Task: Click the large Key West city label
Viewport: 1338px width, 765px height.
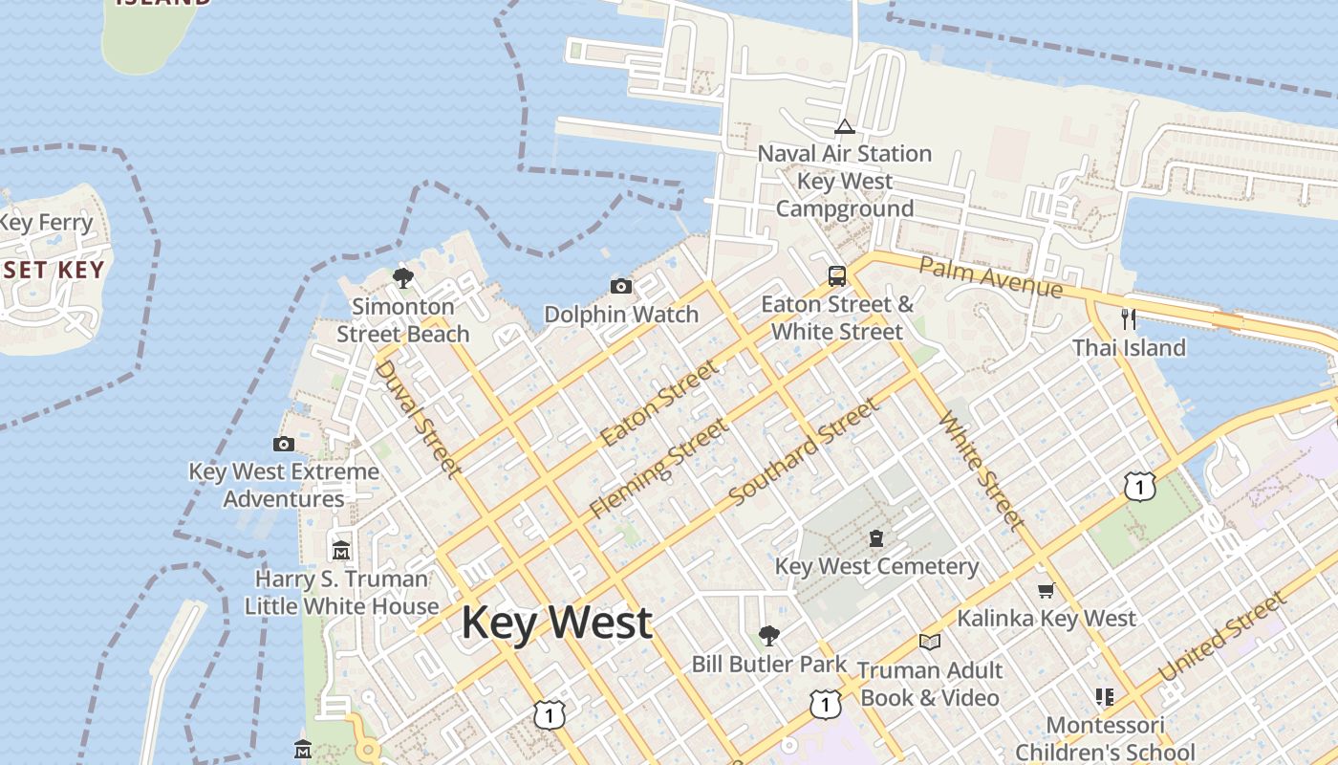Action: (x=556, y=623)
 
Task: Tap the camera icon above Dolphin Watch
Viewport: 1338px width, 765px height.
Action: (x=621, y=286)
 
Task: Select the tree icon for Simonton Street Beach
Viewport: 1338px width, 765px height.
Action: (x=403, y=278)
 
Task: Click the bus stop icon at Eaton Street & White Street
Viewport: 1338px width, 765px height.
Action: (x=837, y=276)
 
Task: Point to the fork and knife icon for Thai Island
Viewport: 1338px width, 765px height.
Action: (x=1129, y=318)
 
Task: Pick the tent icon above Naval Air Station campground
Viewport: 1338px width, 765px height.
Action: (x=844, y=126)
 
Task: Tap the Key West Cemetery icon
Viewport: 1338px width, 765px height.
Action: (x=876, y=538)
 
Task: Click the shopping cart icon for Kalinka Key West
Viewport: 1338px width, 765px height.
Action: (x=1046, y=590)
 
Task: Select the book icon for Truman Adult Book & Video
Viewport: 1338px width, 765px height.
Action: (x=930, y=642)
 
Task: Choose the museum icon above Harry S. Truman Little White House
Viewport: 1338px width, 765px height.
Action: (x=341, y=551)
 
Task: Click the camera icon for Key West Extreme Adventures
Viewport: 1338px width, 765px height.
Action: (x=284, y=444)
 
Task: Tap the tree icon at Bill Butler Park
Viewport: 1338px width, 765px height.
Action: (x=768, y=635)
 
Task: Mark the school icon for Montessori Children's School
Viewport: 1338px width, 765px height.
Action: (x=1105, y=697)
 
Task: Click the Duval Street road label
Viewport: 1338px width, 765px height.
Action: (x=418, y=417)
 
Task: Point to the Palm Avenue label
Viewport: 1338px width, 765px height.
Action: (x=990, y=275)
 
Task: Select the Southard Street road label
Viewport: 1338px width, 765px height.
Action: (x=803, y=452)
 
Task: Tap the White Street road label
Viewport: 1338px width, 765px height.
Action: (x=982, y=470)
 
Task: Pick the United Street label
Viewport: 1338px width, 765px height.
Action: (x=1222, y=637)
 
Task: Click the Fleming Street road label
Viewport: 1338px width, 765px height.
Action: (x=658, y=469)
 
